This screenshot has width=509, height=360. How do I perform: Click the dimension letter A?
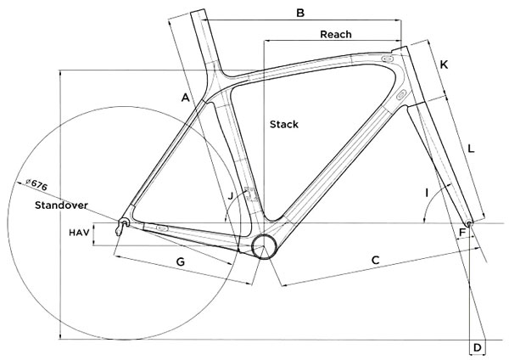pyautogui.click(x=184, y=98)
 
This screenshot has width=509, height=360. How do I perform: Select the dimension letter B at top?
pyautogui.click(x=299, y=13)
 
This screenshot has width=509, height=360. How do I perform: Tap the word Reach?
pyautogui.click(x=335, y=34)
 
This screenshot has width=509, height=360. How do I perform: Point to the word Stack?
pyautogui.click(x=284, y=124)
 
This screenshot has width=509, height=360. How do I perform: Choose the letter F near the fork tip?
pyautogui.click(x=462, y=232)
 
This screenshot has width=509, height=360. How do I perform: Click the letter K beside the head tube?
pyautogui.click(x=444, y=65)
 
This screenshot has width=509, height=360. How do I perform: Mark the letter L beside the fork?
pyautogui.click(x=471, y=149)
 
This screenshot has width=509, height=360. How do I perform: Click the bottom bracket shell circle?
pyautogui.click(x=265, y=246)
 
